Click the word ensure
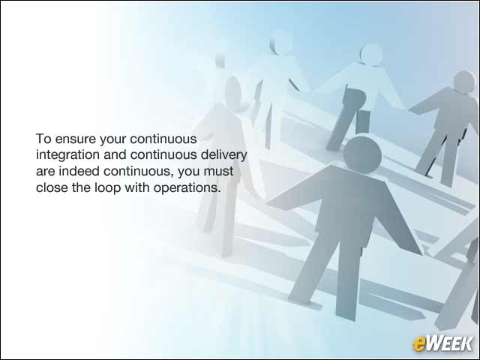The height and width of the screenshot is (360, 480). click(75, 139)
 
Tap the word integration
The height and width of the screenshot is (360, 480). click(67, 155)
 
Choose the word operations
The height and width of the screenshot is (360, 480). click(187, 188)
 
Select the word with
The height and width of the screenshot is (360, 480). click(137, 187)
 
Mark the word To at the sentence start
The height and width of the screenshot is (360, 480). click(43, 139)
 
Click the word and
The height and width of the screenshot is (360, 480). click(115, 155)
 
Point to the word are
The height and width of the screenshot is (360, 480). click(46, 172)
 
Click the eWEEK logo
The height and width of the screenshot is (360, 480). click(442, 343)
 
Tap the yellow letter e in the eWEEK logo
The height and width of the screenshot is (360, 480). click(419, 344)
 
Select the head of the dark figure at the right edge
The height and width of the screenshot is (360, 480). click(464, 82)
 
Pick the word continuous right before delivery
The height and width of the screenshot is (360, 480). click(163, 155)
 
